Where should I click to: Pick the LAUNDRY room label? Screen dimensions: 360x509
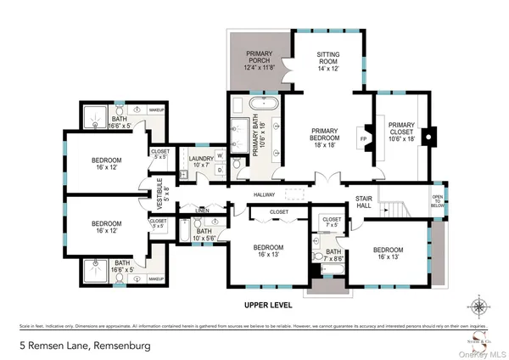click(201, 162)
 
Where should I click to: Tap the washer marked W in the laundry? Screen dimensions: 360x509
click(220, 155)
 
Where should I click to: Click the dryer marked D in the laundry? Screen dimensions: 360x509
click(220, 170)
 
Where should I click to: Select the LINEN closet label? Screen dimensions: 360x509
click(201, 210)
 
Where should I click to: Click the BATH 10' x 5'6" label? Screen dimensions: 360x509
click(204, 234)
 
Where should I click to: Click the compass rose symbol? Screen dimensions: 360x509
click(482, 307)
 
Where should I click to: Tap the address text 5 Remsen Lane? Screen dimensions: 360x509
click(68, 346)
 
